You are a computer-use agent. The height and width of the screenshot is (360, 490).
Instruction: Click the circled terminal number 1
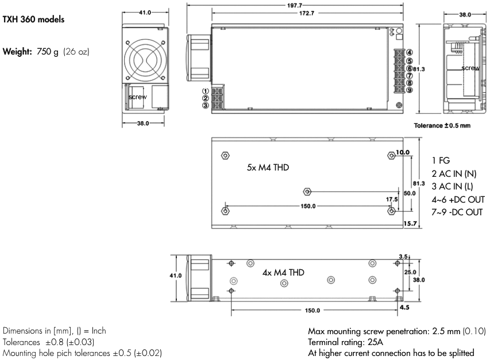(205, 91)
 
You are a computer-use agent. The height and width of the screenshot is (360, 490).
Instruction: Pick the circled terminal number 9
(409, 90)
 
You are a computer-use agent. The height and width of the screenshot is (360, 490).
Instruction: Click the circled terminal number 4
(409, 53)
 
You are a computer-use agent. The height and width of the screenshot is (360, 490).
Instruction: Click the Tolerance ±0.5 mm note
(442, 126)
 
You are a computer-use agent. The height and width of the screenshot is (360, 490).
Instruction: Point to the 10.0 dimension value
(403, 153)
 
